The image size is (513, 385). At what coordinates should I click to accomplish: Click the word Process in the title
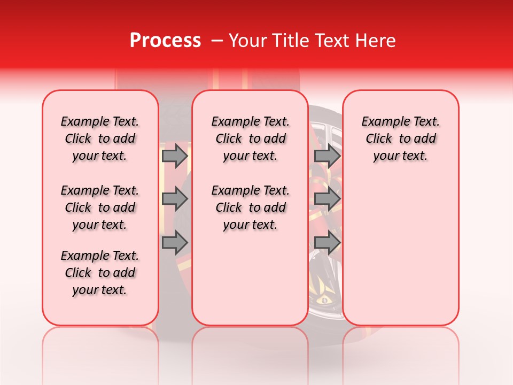[165, 41]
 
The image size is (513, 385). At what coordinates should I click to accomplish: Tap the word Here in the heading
[375, 41]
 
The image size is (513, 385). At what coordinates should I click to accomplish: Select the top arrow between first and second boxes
[175, 156]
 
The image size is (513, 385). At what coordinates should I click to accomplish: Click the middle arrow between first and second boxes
[175, 199]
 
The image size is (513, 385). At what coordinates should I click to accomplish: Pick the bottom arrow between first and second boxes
[175, 242]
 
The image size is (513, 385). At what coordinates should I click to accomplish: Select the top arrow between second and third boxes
[327, 156]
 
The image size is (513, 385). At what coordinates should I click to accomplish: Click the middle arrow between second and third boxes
[327, 199]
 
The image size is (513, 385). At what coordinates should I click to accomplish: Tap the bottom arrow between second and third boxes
[327, 242]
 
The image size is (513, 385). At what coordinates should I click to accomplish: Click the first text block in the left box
[100, 138]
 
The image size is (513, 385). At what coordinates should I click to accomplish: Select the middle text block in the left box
[100, 207]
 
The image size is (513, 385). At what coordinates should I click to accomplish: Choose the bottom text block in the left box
[100, 273]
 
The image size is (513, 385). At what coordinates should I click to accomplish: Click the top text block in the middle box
[250, 138]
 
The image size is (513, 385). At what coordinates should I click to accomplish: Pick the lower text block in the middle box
[250, 207]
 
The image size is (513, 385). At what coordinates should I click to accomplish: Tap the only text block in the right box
[400, 138]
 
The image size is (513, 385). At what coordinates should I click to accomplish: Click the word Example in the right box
[382, 121]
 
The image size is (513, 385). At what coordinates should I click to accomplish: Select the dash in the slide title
[216, 41]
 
